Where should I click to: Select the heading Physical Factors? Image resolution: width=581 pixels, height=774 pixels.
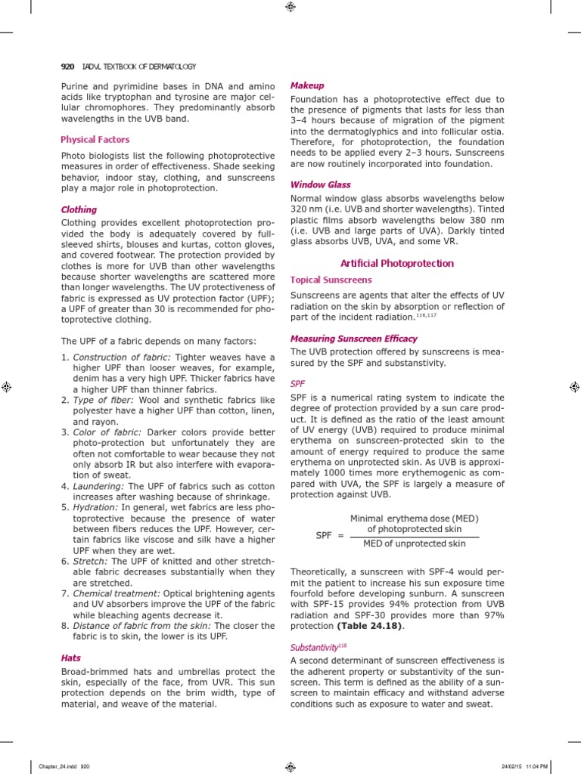pyautogui.click(x=95, y=140)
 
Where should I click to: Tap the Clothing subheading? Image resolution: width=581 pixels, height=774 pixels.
pyautogui.click(x=79, y=209)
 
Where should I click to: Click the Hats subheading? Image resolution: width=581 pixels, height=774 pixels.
pyautogui.click(x=70, y=658)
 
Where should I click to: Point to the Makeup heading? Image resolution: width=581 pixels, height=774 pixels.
pyautogui.click(x=308, y=86)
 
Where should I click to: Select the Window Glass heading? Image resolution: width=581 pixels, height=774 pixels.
pyautogui.click(x=321, y=184)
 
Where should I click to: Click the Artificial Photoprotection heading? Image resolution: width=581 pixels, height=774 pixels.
pyautogui.click(x=397, y=264)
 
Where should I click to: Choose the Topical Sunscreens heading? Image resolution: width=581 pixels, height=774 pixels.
pyautogui.click(x=331, y=280)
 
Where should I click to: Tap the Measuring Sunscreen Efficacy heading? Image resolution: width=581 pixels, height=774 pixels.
pyautogui.click(x=354, y=339)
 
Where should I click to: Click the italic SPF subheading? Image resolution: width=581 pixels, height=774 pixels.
pyautogui.click(x=298, y=384)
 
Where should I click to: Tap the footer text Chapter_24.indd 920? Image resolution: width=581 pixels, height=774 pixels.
pyautogui.click(x=58, y=766)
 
